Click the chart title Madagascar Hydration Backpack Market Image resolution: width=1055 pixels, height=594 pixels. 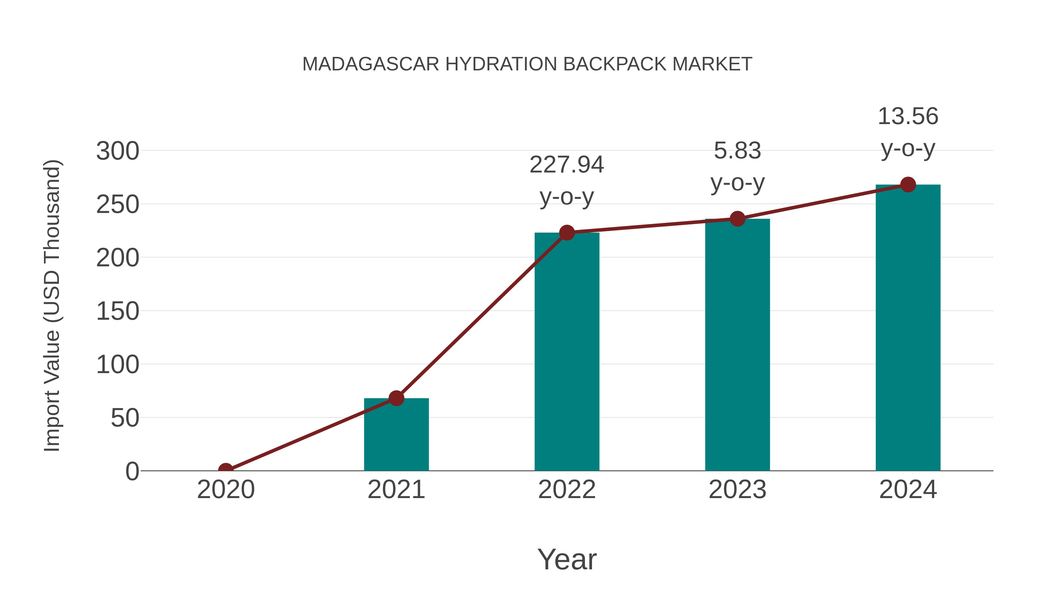click(x=527, y=64)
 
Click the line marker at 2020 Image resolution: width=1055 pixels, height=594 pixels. click(x=226, y=470)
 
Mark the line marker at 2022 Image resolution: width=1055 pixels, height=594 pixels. click(x=567, y=232)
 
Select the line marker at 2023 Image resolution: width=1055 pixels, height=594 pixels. click(x=737, y=219)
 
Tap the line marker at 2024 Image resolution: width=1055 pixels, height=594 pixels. click(x=908, y=185)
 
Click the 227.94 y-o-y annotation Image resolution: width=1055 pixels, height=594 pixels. click(x=567, y=180)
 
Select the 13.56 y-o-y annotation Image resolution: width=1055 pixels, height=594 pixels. click(x=908, y=132)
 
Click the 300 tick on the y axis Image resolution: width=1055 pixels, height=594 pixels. click(x=118, y=151)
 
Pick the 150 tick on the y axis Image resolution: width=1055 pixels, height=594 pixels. click(x=118, y=312)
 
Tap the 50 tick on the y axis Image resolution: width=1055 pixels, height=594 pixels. click(x=125, y=418)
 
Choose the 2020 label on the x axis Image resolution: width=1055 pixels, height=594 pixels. click(x=226, y=490)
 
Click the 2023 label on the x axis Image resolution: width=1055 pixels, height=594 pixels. click(x=737, y=490)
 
